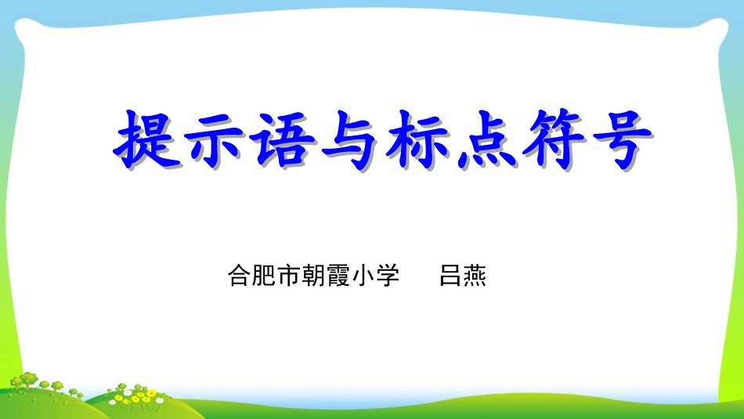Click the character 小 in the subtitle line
pyautogui.click(x=363, y=276)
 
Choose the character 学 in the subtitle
pyautogui.click(x=388, y=276)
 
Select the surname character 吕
pyautogui.click(x=451, y=276)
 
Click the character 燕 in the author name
pyautogui.click(x=475, y=276)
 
